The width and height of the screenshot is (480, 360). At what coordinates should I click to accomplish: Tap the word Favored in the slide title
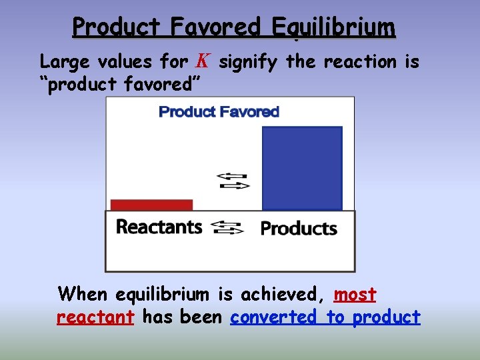[215, 27]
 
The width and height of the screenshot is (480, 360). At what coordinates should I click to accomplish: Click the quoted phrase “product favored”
[119, 84]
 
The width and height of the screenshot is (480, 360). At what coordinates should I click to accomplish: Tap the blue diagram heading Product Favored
[219, 112]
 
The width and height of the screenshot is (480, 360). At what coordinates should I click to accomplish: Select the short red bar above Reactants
[151, 205]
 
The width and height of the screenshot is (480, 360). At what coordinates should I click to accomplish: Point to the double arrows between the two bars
[233, 181]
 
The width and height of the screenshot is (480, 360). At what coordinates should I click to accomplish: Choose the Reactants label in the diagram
[159, 227]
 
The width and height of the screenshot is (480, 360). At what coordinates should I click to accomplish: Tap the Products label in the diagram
[299, 229]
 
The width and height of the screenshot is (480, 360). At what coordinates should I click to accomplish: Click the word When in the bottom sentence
[83, 294]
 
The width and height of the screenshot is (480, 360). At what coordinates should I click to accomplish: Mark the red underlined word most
[355, 294]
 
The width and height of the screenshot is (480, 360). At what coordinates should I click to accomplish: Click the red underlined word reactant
[95, 317]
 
